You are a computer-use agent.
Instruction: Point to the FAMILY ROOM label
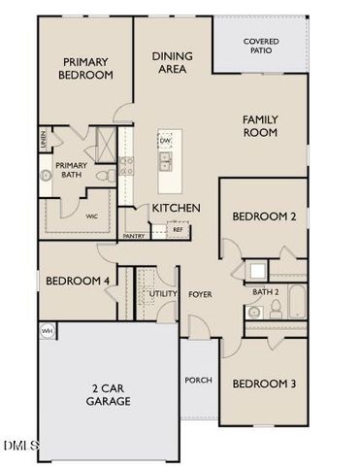pyautogui.click(x=260, y=124)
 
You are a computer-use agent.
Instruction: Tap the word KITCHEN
pyautogui.click(x=176, y=208)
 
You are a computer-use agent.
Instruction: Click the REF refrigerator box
pyautogui.click(x=178, y=229)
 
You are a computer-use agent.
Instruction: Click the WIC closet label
pyautogui.click(x=93, y=216)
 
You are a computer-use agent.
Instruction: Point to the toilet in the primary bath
pyautogui.click(x=102, y=176)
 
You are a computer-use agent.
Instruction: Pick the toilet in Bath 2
pyautogui.click(x=275, y=309)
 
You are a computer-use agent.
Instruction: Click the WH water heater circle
pyautogui.click(x=46, y=331)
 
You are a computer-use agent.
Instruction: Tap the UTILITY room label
pyautogui.click(x=161, y=292)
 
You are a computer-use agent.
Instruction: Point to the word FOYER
pyautogui.click(x=200, y=293)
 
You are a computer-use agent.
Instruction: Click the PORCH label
pyautogui.click(x=198, y=380)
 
